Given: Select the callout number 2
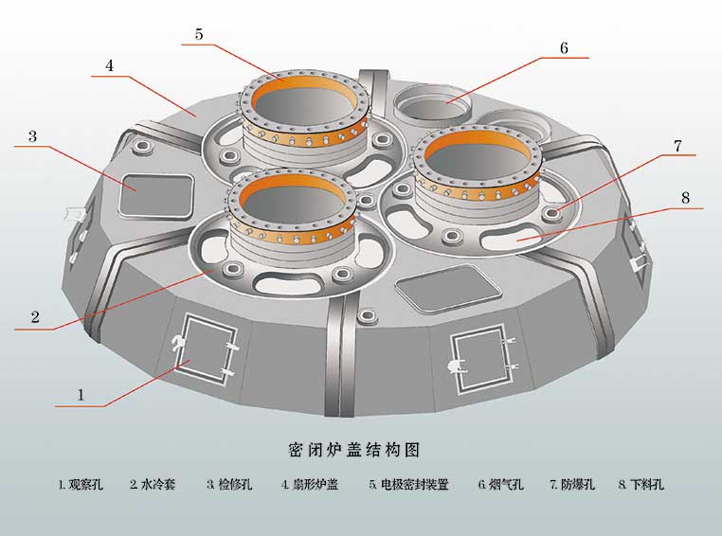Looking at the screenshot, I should pyautogui.click(x=35, y=317).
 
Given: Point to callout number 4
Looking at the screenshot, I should pyautogui.click(x=110, y=66).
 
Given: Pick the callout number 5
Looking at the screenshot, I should pyautogui.click(x=199, y=34).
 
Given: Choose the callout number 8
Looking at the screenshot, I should pyautogui.click(x=684, y=198).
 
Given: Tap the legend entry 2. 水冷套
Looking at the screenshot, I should pyautogui.click(x=153, y=485).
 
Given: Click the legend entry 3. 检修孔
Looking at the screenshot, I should pyautogui.click(x=228, y=485).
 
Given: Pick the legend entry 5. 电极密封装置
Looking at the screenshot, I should pyautogui.click(x=408, y=485).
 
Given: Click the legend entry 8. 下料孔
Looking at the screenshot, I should pyautogui.click(x=641, y=485).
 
